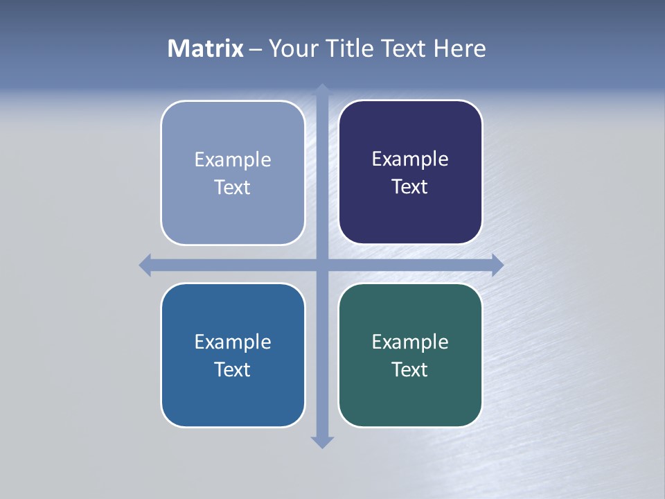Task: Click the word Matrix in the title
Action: point(206,49)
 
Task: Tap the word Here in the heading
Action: point(459,49)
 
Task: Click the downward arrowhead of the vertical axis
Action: point(322,442)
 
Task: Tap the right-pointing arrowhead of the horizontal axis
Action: point(497,265)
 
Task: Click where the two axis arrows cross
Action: point(322,265)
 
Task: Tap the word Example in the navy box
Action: point(410,159)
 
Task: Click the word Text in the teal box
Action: point(410,369)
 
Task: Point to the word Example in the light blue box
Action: point(233,159)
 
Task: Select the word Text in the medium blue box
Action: point(233,369)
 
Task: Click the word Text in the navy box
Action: point(410,186)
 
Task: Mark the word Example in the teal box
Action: point(410,342)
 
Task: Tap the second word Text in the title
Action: point(405,49)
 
